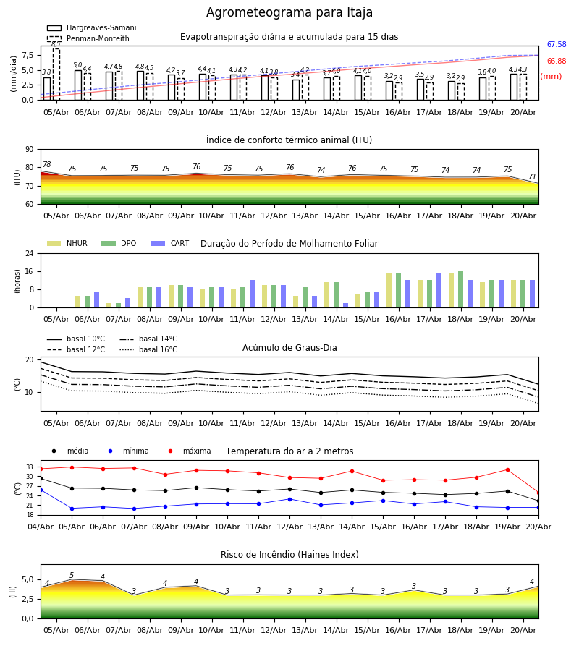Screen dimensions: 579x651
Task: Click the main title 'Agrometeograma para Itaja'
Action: pos(289,12)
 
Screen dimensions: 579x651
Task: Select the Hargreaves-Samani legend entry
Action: pos(91,27)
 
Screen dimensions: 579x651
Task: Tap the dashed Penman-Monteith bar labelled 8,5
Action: pos(56,75)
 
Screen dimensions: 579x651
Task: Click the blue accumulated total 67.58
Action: pos(556,44)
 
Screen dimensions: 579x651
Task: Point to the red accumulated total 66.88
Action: pos(556,61)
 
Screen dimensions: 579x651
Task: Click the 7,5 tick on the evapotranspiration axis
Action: pos(28,55)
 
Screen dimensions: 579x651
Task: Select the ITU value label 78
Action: pos(46,164)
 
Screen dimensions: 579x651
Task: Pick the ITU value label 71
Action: pos(532,177)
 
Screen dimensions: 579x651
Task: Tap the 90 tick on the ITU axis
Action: pos(30,150)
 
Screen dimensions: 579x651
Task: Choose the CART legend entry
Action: pos(170,243)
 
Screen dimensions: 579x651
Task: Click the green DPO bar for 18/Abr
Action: pos(460,289)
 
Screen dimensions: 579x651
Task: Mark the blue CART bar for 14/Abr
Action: pos(345,305)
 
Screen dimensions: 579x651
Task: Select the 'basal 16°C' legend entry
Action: pos(148,349)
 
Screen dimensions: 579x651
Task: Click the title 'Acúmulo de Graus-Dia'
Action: pos(289,348)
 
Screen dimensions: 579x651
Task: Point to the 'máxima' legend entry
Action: pos(187,451)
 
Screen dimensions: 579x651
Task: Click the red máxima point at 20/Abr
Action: pos(538,493)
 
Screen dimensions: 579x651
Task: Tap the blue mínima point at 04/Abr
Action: pos(41,490)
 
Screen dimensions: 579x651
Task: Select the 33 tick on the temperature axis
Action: pos(30,467)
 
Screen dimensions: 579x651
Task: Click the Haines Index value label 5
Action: pos(72,576)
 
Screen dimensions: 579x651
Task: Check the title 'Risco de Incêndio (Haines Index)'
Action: pos(289,555)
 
